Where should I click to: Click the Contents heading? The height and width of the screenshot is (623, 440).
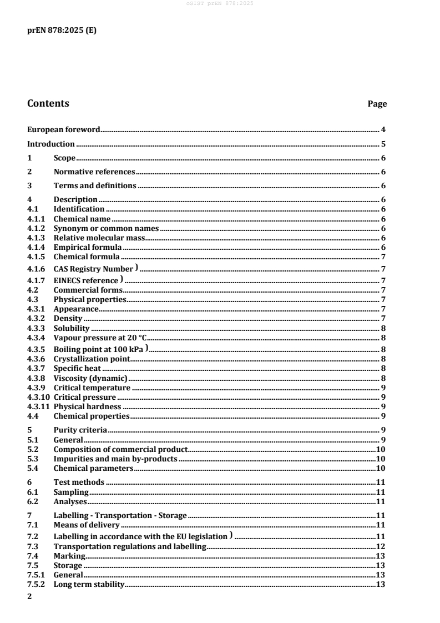(x=48, y=103)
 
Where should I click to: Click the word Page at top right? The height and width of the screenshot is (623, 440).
(x=377, y=104)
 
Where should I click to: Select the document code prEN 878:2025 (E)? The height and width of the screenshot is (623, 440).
(x=62, y=31)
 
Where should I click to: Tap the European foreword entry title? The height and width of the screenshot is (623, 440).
(x=64, y=130)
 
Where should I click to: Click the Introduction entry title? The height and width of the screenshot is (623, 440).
(x=51, y=144)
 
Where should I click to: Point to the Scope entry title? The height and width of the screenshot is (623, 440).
(x=64, y=158)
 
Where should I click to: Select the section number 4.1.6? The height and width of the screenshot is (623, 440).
(x=37, y=269)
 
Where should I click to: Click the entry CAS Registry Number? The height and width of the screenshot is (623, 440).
(x=93, y=269)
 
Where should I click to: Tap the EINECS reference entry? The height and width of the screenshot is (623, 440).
(x=86, y=281)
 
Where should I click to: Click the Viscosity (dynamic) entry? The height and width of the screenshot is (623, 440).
(x=87, y=378)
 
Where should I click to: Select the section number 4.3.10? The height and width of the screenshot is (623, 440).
(x=38, y=397)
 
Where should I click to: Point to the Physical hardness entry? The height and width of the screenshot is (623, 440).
(x=87, y=406)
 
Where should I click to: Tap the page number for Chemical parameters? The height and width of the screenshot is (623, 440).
(x=381, y=468)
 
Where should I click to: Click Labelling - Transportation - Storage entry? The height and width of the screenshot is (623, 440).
(x=120, y=516)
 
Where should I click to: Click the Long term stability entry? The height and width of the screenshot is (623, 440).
(x=89, y=585)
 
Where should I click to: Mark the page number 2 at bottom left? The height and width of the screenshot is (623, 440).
(x=30, y=597)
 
